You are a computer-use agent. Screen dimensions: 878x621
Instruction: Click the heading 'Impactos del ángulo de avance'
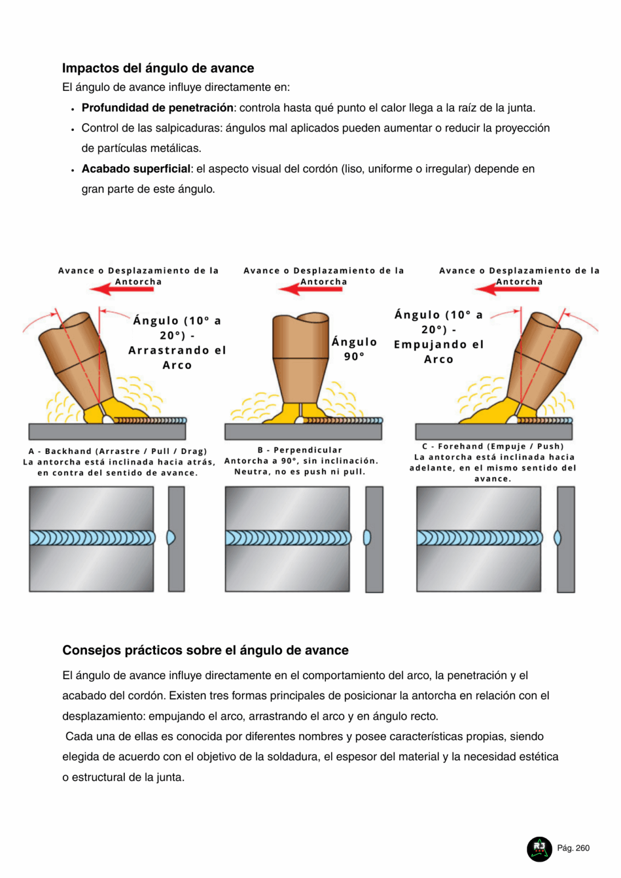click(158, 68)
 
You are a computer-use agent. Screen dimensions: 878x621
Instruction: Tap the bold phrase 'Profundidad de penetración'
click(157, 107)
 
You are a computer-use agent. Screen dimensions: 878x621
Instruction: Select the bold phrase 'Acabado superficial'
click(136, 169)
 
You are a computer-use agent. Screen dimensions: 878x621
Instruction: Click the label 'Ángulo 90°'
click(354, 349)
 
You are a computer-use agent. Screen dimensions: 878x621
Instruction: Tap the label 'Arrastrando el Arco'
click(177, 357)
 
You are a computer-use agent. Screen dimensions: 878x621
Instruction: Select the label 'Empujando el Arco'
click(439, 352)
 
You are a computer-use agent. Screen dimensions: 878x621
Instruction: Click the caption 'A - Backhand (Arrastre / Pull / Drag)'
click(118, 451)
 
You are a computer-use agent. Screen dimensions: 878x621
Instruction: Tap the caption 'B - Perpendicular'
click(300, 450)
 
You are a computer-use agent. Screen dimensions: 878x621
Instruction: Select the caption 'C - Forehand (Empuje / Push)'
click(493, 446)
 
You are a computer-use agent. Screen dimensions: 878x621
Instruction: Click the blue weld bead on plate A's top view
click(91, 538)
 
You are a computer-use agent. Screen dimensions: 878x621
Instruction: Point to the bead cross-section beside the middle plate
click(367, 538)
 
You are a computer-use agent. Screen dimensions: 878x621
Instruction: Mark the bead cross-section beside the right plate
click(558, 538)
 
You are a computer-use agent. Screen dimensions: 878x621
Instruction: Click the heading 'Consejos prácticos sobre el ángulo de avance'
click(205, 650)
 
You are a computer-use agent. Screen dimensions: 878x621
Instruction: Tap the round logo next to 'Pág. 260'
click(539, 848)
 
